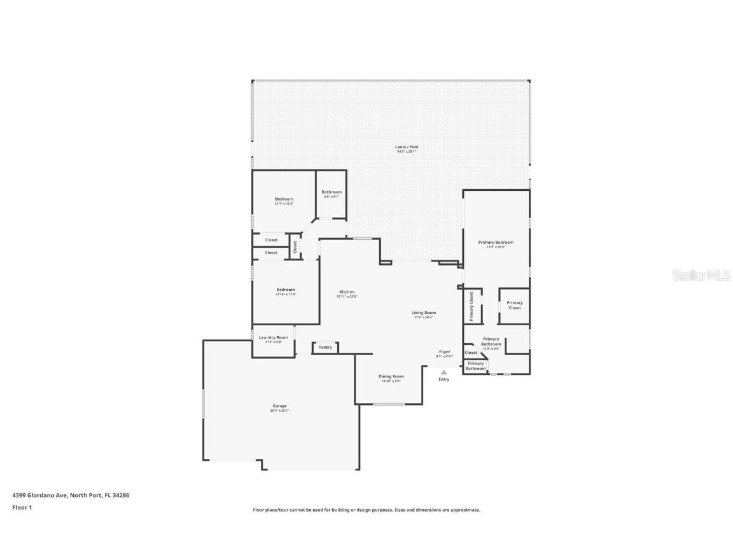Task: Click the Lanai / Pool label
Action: pyautogui.click(x=407, y=147)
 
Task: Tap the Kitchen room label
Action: pyautogui.click(x=346, y=292)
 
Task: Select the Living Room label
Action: pyautogui.click(x=423, y=313)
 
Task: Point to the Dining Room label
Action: pyautogui.click(x=391, y=376)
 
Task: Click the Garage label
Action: pyautogui.click(x=279, y=406)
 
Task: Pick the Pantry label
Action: pyautogui.click(x=325, y=348)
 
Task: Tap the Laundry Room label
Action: pyautogui.click(x=273, y=337)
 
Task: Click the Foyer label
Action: pyautogui.click(x=444, y=352)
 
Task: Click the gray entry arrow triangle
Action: pyautogui.click(x=443, y=372)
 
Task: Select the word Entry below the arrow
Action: pyautogui.click(x=443, y=379)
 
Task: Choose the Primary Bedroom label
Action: pyautogui.click(x=496, y=243)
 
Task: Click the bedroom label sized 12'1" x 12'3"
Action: pyautogui.click(x=284, y=199)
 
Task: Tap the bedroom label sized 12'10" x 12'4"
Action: pyautogui.click(x=285, y=290)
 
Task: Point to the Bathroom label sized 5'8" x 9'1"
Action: pyautogui.click(x=332, y=192)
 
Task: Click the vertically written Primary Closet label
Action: pyautogui.click(x=471, y=306)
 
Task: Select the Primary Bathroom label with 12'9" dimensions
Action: pyautogui.click(x=491, y=342)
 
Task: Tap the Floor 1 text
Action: pyautogui.click(x=22, y=507)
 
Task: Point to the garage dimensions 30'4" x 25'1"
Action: pyautogui.click(x=279, y=411)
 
